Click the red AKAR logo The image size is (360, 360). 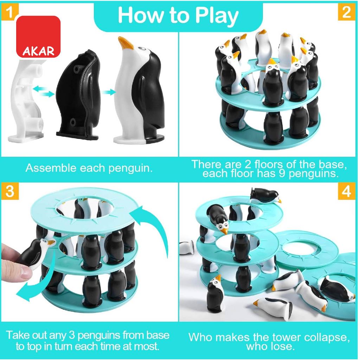tap(38, 37)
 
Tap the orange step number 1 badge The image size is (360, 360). tap(9, 12)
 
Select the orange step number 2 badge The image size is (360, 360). tap(347, 12)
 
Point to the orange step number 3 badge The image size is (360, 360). tap(9, 191)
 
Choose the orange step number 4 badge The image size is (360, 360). tap(347, 191)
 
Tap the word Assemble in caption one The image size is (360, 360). tap(51, 168)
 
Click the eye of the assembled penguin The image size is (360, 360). tap(143, 49)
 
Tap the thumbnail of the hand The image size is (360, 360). tap(25, 272)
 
